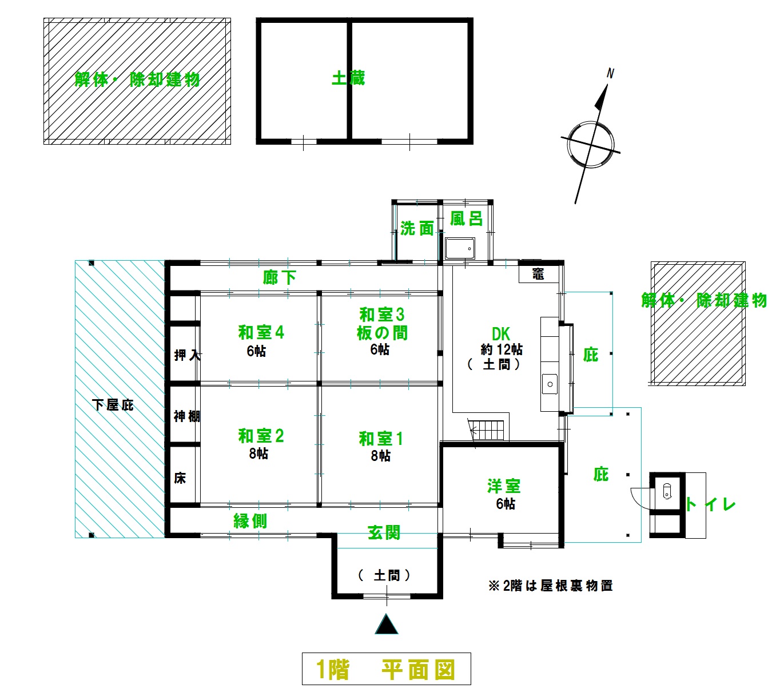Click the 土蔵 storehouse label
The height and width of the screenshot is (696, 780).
[348, 78]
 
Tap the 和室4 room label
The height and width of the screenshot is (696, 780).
[261, 332]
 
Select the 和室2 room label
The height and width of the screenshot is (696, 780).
[261, 436]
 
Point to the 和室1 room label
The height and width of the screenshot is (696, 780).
[381, 439]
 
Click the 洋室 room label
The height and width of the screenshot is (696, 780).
[504, 487]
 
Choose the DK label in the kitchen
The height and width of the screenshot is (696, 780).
[500, 334]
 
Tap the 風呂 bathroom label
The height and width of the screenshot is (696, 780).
[466, 218]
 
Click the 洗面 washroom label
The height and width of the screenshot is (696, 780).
[417, 229]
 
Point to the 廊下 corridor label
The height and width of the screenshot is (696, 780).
[280, 278]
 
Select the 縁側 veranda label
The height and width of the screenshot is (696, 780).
[250, 521]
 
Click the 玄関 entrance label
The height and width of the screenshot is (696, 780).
[384, 533]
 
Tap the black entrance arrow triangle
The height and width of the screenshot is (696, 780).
[387, 625]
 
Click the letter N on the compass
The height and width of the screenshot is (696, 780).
[610, 73]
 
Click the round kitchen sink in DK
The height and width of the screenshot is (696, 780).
[550, 384]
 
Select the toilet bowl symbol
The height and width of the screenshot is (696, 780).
[666, 490]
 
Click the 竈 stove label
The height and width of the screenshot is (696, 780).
[538, 275]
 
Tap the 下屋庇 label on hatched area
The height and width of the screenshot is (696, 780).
[113, 405]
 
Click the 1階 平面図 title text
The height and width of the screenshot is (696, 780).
[386, 669]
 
